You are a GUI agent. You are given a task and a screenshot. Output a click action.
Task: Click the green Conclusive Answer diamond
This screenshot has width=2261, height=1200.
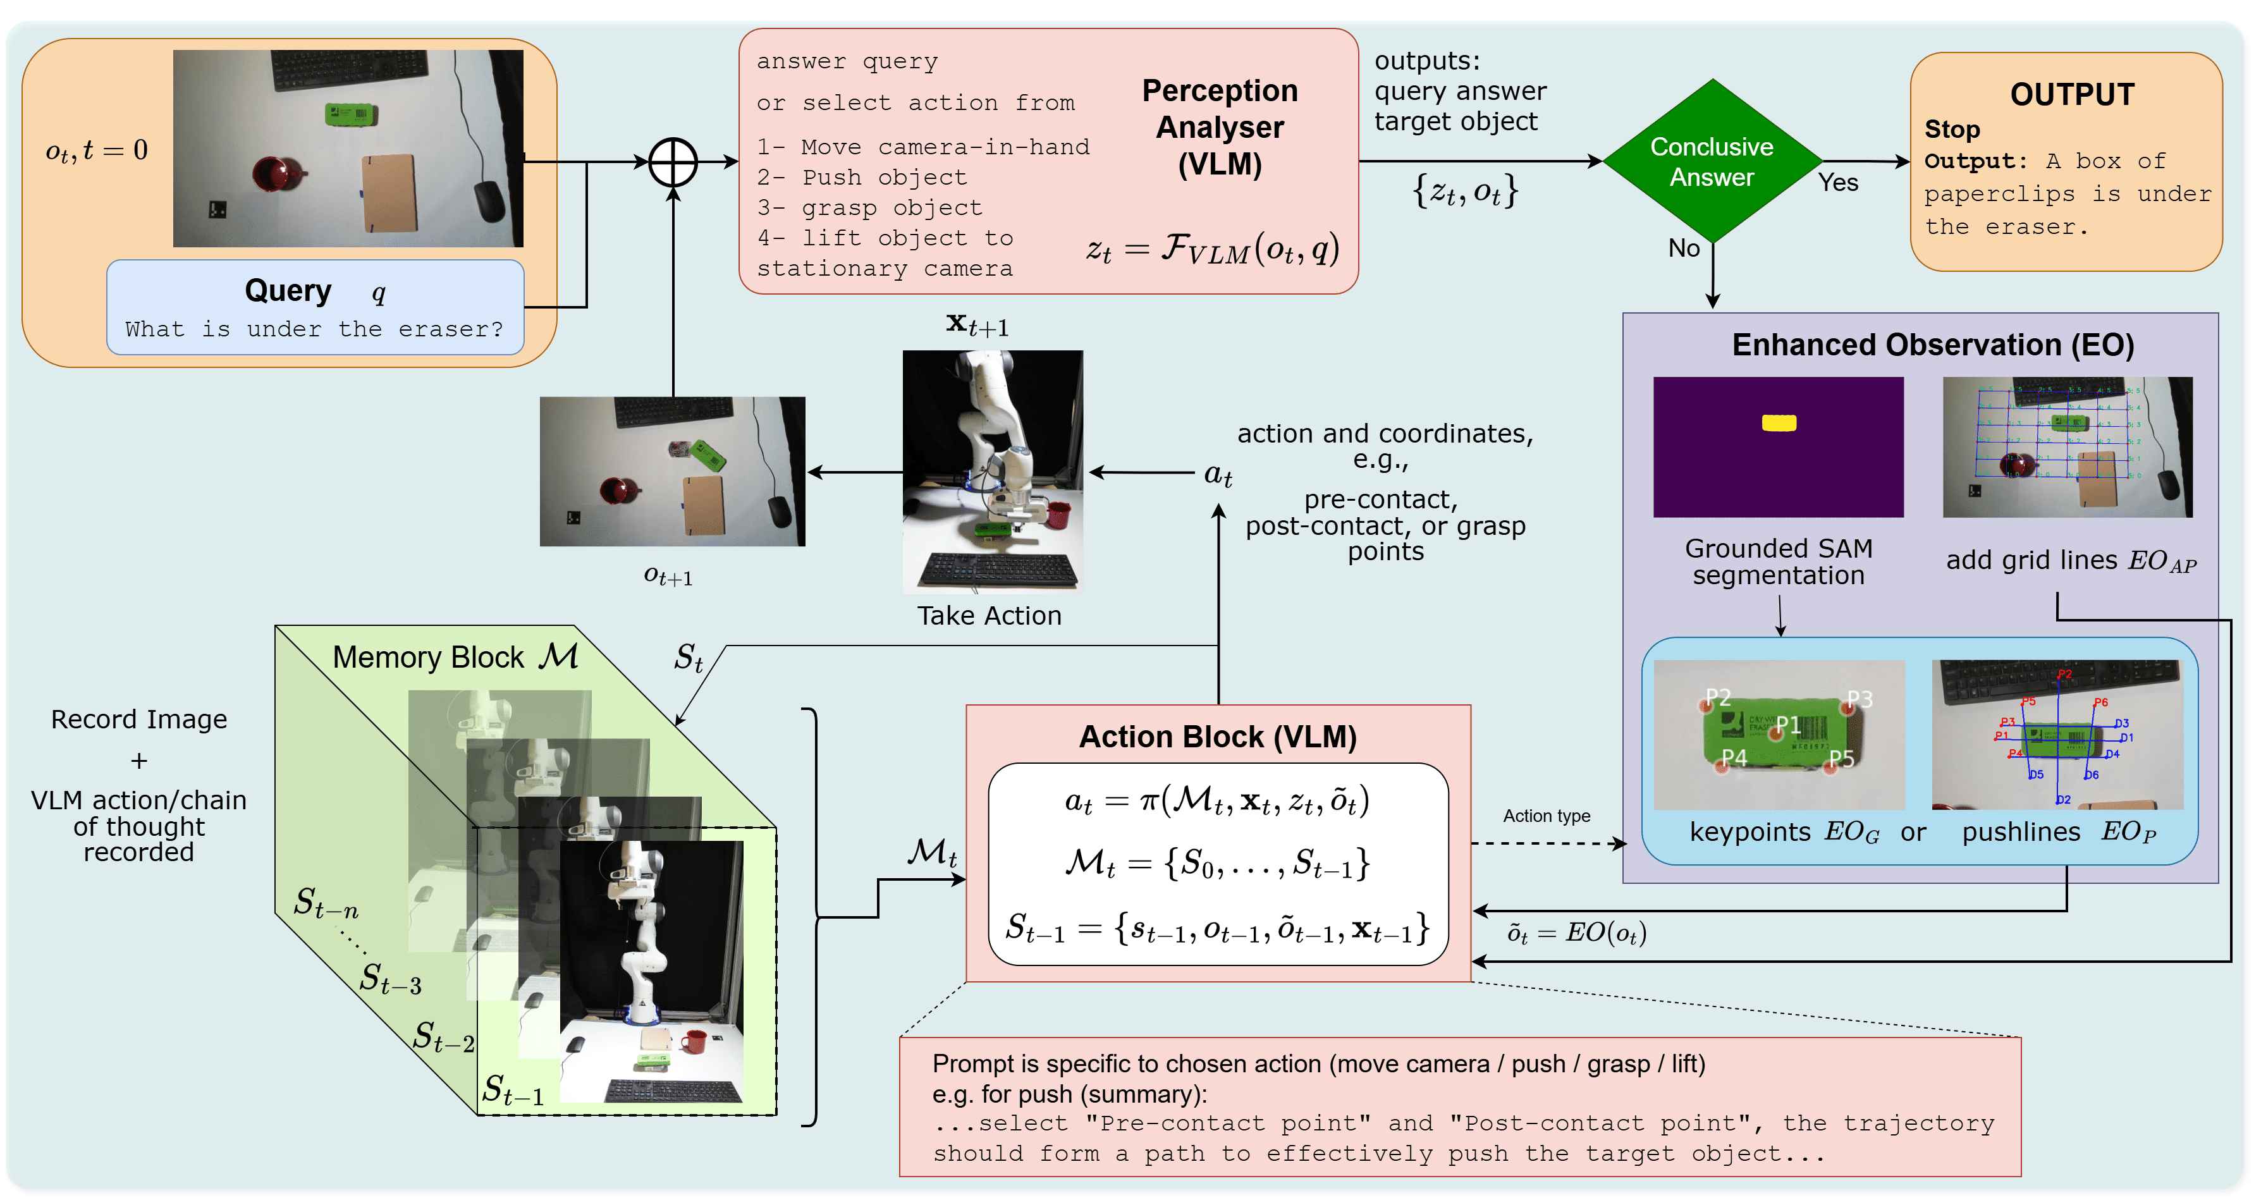coord(1712,161)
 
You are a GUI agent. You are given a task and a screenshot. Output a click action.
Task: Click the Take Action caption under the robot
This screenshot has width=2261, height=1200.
coord(989,615)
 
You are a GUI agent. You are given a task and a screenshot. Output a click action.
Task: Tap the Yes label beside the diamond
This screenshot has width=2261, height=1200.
coord(1838,183)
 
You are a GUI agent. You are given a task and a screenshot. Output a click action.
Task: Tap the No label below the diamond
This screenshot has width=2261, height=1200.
coord(1684,248)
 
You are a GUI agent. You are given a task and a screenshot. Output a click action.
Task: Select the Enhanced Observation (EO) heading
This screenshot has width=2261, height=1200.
coord(1933,345)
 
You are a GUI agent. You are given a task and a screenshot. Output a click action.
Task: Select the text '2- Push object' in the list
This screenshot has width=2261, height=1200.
coord(862,177)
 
